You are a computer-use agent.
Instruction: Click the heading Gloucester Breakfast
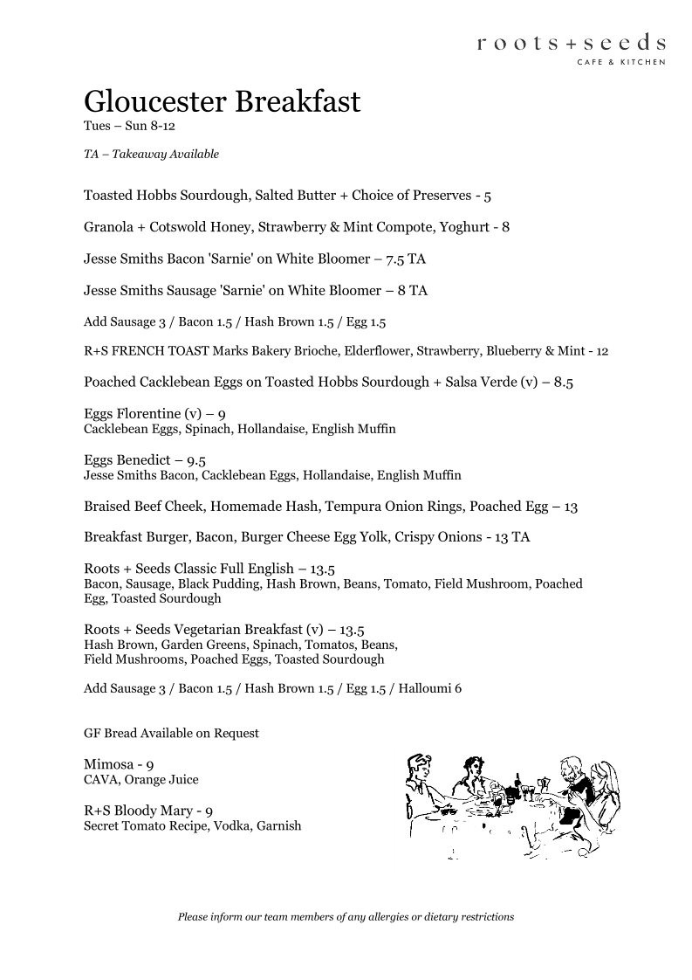(222, 101)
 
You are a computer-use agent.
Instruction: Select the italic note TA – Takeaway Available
(151, 155)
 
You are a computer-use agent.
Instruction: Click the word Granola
(108, 227)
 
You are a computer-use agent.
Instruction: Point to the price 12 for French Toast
(601, 352)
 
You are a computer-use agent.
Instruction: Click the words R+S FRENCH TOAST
(140, 352)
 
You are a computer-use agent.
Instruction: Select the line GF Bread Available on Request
(171, 734)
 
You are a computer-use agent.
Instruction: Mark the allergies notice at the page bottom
(346, 917)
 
